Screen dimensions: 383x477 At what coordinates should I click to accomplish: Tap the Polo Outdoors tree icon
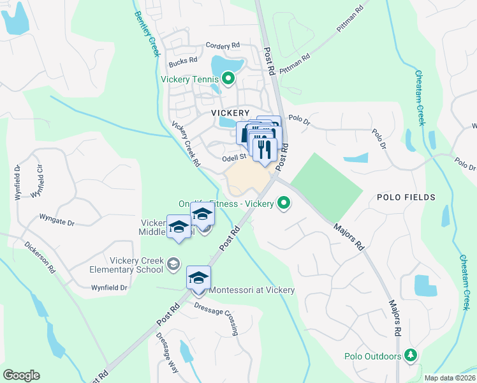412,356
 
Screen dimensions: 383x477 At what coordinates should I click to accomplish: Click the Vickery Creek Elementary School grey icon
173,264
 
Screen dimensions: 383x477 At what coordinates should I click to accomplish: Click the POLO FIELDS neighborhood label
406,197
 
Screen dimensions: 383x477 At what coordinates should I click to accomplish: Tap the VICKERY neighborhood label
230,112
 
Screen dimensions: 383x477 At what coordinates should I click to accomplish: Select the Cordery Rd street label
223,46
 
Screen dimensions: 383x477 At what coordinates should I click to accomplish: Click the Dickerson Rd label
40,257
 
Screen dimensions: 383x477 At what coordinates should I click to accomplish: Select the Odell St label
234,156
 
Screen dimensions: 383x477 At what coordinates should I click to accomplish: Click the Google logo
21,375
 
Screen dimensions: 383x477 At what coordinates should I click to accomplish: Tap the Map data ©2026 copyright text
449,378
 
